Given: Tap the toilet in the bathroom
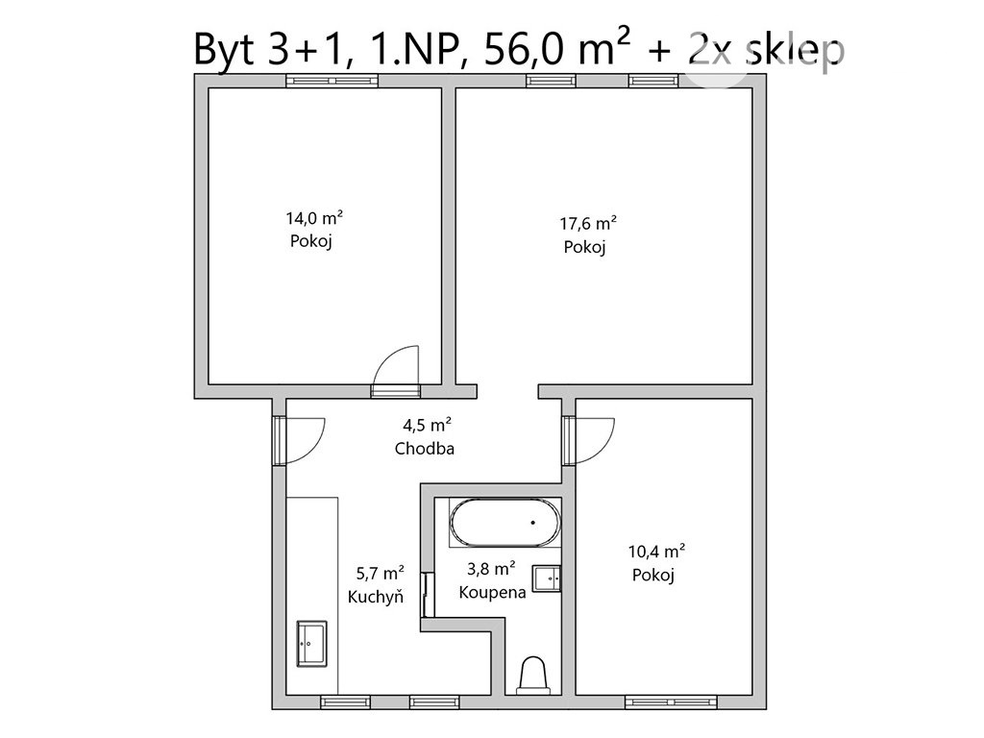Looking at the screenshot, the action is coord(533,676).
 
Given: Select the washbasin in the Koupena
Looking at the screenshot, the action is coord(547,578).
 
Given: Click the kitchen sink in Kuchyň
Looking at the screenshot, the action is coord(312,643).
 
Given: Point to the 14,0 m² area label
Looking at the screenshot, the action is coord(314,218).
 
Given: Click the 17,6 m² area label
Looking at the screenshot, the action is coord(588,223).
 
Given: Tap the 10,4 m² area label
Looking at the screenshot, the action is coord(656,552).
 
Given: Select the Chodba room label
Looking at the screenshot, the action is coord(425,449).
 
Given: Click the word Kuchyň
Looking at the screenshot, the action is coord(376,596).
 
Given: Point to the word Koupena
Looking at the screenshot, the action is coord(493,592).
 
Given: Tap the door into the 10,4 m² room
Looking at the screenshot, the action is coord(589,440).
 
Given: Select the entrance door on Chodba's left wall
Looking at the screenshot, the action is coord(299,440).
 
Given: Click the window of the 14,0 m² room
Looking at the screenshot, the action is coord(332,81).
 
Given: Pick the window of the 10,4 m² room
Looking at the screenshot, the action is coord(671,701).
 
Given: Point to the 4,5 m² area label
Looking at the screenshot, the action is coord(428,426).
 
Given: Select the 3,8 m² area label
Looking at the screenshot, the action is coord(491,569).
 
